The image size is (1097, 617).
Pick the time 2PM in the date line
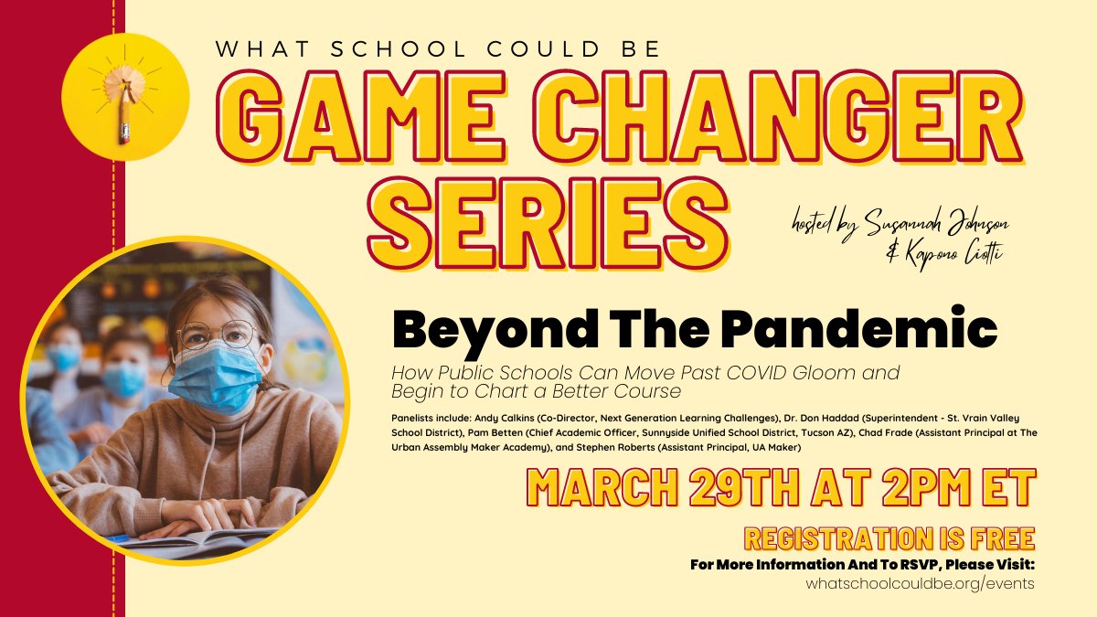pyautogui.click(x=914, y=488)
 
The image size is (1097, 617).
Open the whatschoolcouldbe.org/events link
pyautogui.click(x=921, y=583)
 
